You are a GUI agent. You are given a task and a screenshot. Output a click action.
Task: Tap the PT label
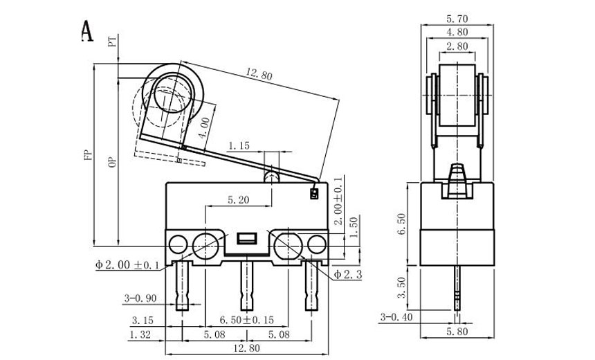(x=113, y=42)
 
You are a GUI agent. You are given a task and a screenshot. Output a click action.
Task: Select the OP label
(x=111, y=162)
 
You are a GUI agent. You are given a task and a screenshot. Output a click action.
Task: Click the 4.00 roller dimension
(x=205, y=127)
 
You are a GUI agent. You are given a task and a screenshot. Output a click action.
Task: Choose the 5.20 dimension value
(x=239, y=201)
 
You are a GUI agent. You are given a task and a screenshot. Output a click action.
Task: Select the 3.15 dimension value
(x=143, y=321)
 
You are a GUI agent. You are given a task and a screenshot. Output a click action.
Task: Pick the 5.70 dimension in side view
(x=456, y=19)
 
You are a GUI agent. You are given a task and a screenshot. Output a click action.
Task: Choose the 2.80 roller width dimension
(x=456, y=46)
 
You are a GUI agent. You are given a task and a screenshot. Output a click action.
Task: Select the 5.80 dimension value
(x=456, y=332)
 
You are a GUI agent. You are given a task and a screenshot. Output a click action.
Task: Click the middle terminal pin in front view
(x=246, y=285)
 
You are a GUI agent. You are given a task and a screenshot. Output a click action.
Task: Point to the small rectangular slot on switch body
(x=246, y=240)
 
